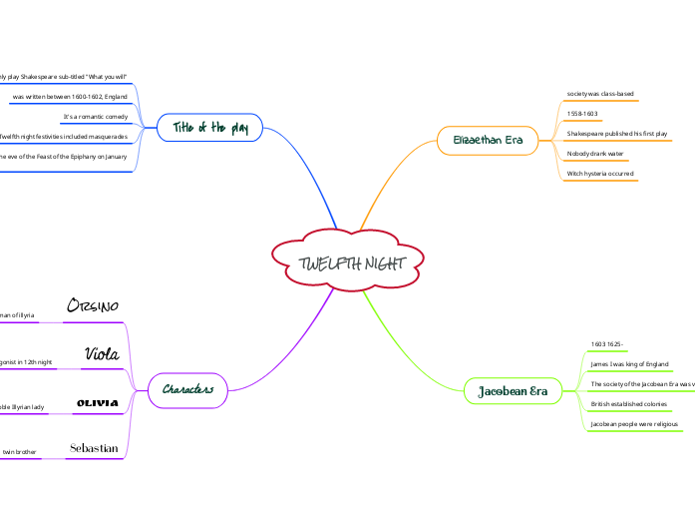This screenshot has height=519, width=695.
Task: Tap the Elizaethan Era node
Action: tap(488, 140)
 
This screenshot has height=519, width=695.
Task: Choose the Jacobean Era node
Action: tap(513, 389)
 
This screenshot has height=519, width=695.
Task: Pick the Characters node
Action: tap(187, 389)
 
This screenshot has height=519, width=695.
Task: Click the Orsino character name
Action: tap(93, 305)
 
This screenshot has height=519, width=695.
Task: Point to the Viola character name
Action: tap(103, 353)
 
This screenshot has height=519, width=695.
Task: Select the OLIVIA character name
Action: tap(98, 402)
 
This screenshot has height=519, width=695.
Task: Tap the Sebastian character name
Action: tap(94, 448)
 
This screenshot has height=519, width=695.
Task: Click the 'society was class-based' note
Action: tap(600, 94)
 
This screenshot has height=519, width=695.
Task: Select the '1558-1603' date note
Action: tap(582, 114)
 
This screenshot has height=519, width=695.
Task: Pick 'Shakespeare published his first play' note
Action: tap(617, 133)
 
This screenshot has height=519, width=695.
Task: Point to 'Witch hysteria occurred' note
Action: tap(600, 174)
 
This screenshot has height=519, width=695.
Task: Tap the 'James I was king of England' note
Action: tap(629, 364)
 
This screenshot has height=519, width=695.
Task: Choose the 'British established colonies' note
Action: tap(628, 404)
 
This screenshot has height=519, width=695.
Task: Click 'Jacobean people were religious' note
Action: tap(635, 424)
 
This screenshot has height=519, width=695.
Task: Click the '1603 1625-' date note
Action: tap(607, 344)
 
